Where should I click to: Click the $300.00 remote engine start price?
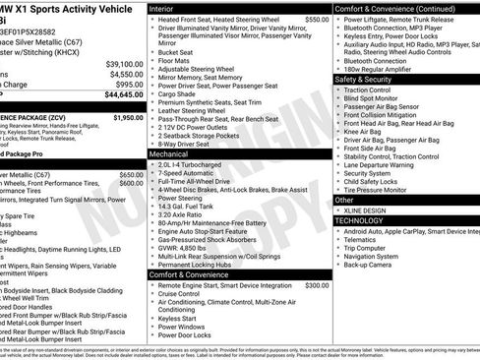(x=317, y=284)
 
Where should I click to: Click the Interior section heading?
(x=168, y=8)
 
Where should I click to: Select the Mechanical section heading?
(x=175, y=154)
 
